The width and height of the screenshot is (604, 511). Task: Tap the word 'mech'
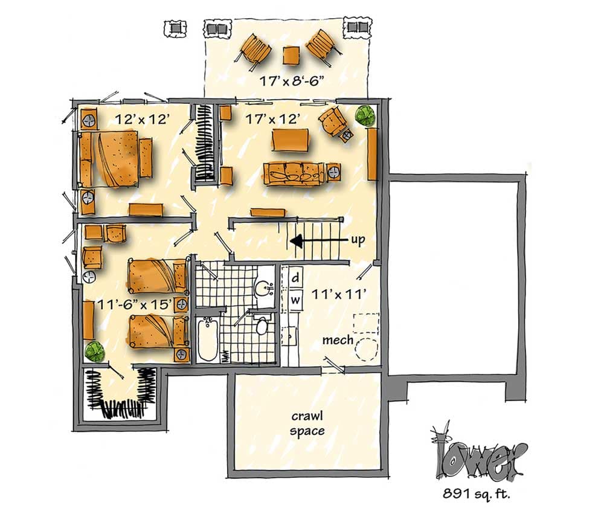click(x=338, y=341)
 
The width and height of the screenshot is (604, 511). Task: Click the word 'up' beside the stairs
click(x=358, y=240)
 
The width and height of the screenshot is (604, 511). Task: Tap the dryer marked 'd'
click(x=296, y=278)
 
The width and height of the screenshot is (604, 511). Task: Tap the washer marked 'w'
click(x=296, y=299)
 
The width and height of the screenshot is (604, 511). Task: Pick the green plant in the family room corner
click(x=364, y=115)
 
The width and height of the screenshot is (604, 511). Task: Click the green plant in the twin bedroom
click(x=94, y=350)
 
